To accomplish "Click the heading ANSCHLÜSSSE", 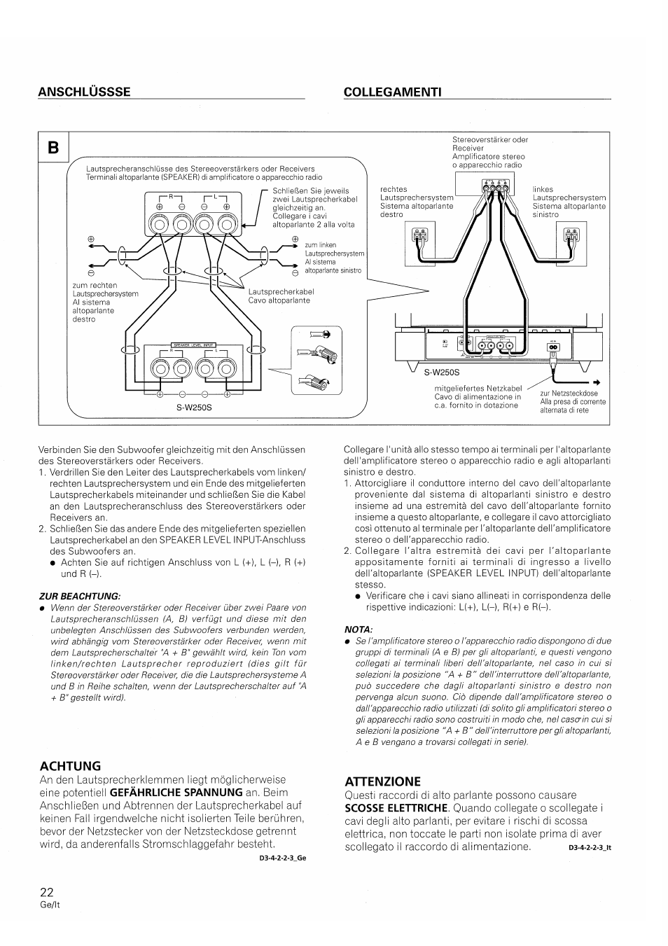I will (84, 92).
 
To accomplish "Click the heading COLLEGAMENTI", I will (392, 92).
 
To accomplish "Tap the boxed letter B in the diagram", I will (53, 147).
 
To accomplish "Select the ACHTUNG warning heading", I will (70, 765).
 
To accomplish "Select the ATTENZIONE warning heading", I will (382, 781).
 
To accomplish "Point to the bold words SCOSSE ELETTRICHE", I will (395, 808).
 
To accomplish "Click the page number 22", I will (46, 892).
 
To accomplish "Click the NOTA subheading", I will (358, 629).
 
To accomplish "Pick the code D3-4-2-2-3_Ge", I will (283, 857).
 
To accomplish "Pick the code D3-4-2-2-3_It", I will (590, 848).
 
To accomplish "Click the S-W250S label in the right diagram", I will (436, 373).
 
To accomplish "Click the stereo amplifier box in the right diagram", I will (492, 184).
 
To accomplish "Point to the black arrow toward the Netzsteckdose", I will (597, 382).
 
